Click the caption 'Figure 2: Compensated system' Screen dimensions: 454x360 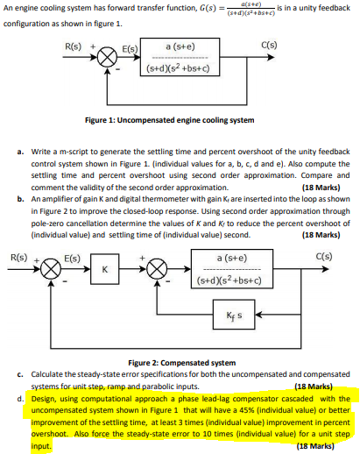[x=180, y=363]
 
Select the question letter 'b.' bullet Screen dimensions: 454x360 [x=20, y=199]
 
